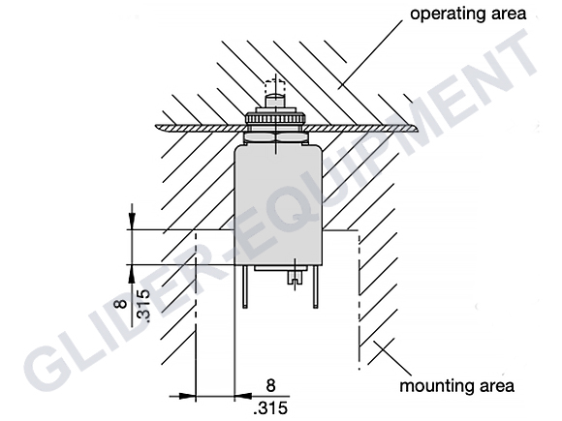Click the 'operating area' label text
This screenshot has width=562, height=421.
click(x=468, y=14)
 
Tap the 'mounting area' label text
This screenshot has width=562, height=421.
click(x=456, y=386)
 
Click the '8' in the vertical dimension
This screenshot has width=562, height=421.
click(x=122, y=304)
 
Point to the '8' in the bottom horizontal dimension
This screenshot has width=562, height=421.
click(x=271, y=385)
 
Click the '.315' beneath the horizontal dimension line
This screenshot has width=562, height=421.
click(x=270, y=408)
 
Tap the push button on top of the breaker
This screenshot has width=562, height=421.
click(x=275, y=100)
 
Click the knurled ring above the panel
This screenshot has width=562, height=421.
click(x=275, y=117)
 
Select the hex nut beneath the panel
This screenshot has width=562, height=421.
click(x=275, y=136)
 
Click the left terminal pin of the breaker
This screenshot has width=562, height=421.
click(x=244, y=286)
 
